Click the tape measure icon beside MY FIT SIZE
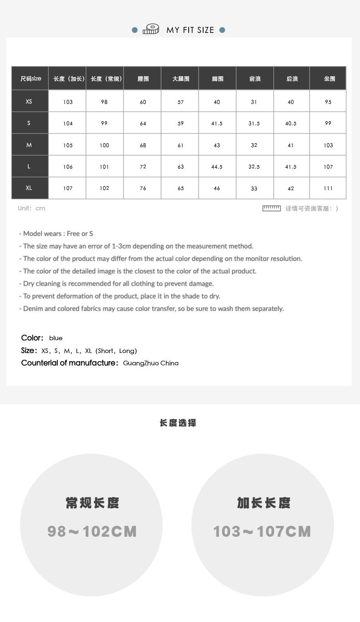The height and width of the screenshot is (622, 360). pyautogui.click(x=151, y=30)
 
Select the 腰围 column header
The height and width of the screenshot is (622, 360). pyautogui.click(x=143, y=79)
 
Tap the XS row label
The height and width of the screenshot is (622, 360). pyautogui.click(x=29, y=101)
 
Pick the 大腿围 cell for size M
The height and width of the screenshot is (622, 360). pyautogui.click(x=180, y=145)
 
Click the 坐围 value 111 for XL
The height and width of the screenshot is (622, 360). pyautogui.click(x=328, y=188)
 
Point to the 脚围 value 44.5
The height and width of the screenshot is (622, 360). pyautogui.click(x=217, y=167)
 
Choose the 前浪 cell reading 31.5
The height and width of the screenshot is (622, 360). pyautogui.click(x=254, y=124)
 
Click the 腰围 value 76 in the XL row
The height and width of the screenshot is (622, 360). pyautogui.click(x=143, y=188)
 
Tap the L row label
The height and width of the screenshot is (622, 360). pyautogui.click(x=29, y=166)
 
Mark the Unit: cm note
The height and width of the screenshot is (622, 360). pyautogui.click(x=31, y=208)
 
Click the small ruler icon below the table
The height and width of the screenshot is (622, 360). pyautogui.click(x=272, y=208)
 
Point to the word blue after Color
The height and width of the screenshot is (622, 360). pyautogui.click(x=56, y=338)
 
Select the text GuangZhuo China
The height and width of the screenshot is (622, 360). pyautogui.click(x=151, y=363)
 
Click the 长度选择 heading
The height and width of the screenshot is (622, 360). pyautogui.click(x=178, y=423)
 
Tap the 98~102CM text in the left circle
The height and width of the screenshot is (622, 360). pyautogui.click(x=92, y=531)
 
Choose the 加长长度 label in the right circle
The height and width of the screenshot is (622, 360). pyautogui.click(x=263, y=503)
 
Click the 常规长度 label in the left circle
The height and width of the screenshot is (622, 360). pyautogui.click(x=92, y=503)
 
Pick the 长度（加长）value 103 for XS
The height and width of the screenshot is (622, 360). pyautogui.click(x=68, y=102)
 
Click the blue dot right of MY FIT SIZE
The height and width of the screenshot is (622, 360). pyautogui.click(x=222, y=30)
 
